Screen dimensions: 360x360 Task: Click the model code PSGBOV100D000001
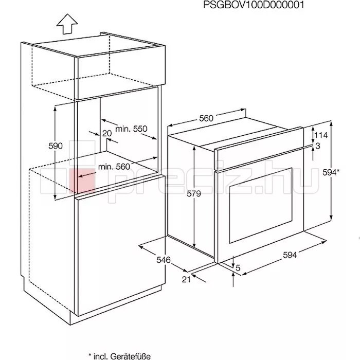pos(254,5)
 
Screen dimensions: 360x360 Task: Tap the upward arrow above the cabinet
pos(67,24)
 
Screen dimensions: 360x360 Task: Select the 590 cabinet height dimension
pos(56,146)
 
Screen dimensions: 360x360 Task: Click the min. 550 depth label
pos(131,129)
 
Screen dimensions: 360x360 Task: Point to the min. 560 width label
pos(114,167)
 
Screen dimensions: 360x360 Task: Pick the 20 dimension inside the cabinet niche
pos(107,133)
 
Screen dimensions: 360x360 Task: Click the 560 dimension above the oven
pos(206,118)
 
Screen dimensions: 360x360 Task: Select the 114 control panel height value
pos(321,135)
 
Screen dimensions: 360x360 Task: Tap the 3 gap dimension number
pos(318,146)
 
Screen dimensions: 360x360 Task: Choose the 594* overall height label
pos(331,172)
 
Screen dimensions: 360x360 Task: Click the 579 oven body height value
pos(194,193)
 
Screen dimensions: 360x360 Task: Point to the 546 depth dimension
pos(164,260)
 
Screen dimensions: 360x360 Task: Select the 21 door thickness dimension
pos(186,279)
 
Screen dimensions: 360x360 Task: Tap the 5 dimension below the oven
pos(238,268)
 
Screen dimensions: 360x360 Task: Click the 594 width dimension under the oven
pos(290,255)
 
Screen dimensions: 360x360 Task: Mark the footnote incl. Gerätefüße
pos(120,356)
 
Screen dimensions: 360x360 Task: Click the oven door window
pos(261,206)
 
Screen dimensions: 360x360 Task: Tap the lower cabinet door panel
pos(121,246)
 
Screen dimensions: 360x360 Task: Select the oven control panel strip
pos(259,149)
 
